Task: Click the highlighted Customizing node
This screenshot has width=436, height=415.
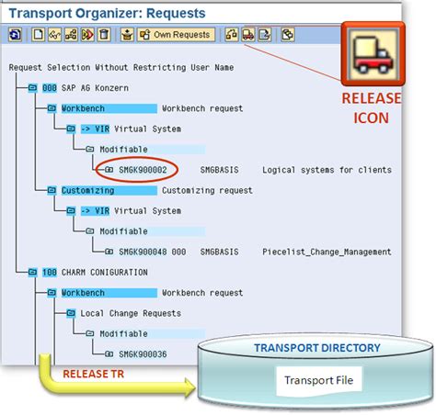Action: coord(88,190)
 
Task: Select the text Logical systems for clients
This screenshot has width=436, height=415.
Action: coord(327,170)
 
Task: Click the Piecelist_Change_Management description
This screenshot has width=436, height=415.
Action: coord(327,252)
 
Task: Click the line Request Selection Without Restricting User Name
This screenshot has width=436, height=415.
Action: coord(121,68)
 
